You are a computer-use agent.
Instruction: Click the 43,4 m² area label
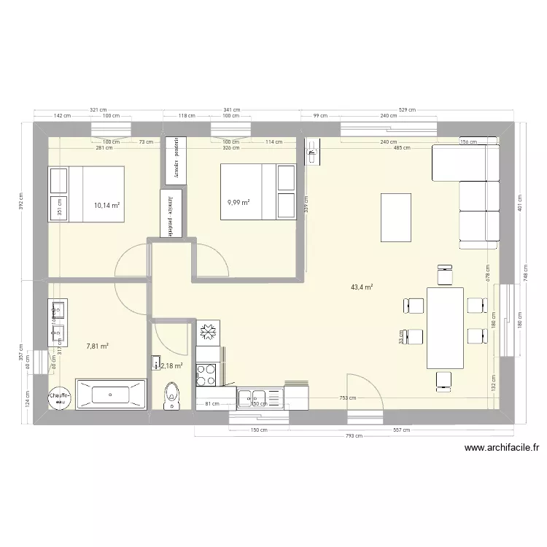362,288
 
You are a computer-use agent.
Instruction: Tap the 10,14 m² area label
106,206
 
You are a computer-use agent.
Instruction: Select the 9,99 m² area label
238,202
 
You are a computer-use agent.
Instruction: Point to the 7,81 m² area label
97,346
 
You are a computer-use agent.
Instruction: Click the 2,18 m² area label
172,366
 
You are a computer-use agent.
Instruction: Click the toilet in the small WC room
172,394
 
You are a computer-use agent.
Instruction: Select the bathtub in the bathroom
112,395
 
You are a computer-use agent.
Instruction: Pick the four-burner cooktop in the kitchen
206,374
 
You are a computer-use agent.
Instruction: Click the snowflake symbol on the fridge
207,332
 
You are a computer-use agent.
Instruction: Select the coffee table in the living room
395,217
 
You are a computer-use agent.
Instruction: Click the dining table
445,327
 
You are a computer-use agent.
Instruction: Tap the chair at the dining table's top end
443,274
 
